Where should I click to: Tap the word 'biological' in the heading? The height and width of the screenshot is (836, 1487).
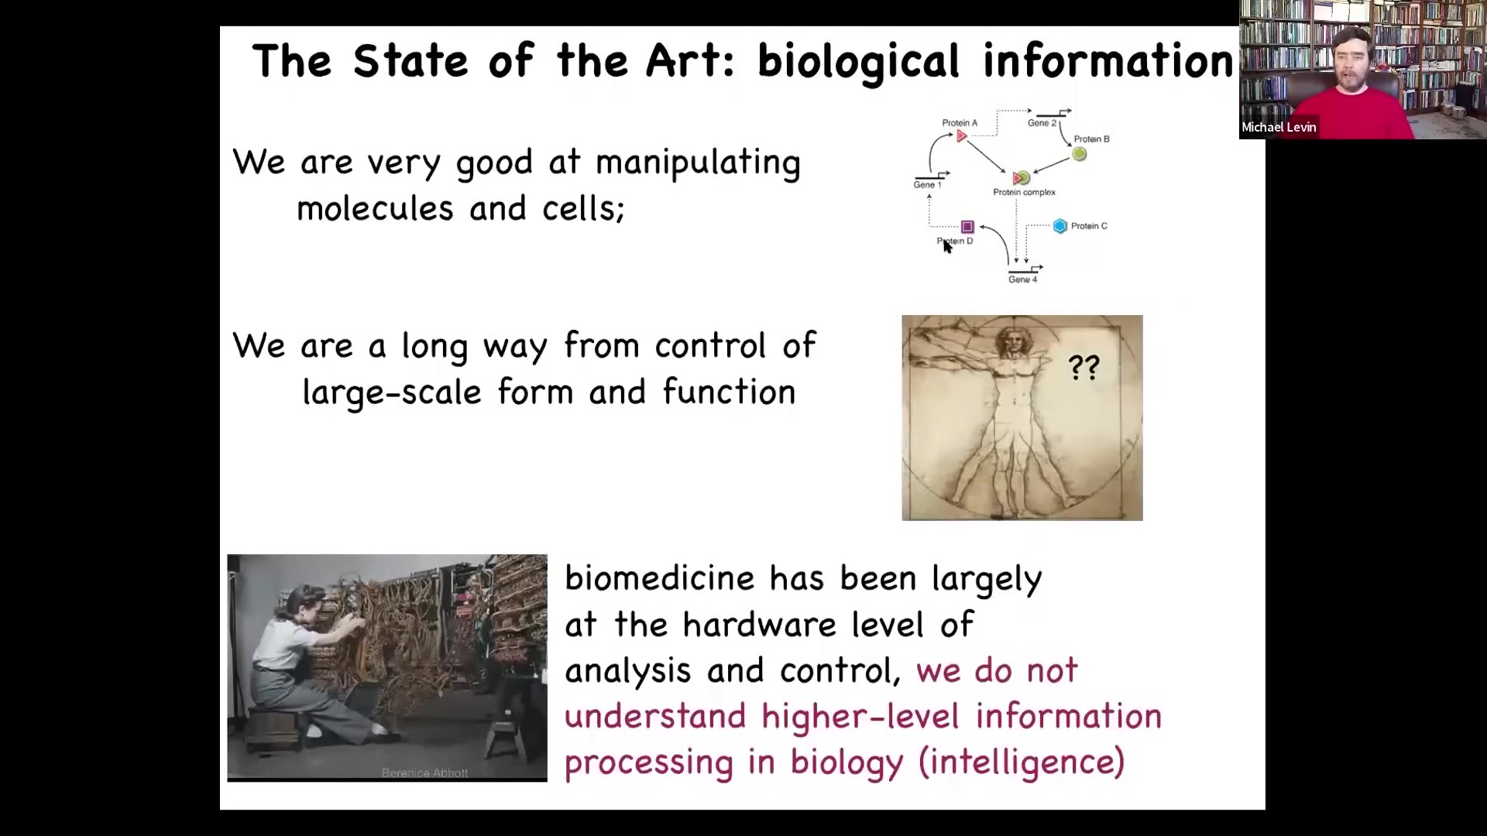(858, 62)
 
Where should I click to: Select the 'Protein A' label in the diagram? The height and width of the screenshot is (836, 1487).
(960, 122)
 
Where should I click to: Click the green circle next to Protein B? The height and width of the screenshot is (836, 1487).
(1079, 154)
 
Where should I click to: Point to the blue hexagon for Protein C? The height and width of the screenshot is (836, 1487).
(1060, 226)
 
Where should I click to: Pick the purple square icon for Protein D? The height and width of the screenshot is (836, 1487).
(967, 227)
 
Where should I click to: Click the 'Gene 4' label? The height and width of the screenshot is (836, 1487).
(1022, 279)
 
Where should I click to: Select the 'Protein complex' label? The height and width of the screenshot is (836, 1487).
(1024, 192)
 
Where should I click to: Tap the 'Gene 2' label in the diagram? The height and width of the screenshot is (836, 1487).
(1042, 122)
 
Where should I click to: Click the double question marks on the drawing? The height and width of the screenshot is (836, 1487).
(1083, 367)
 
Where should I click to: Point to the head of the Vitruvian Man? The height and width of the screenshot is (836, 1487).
(1009, 340)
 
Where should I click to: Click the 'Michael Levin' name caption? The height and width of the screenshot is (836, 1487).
(1279, 128)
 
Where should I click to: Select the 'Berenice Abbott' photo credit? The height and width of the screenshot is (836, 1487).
(424, 773)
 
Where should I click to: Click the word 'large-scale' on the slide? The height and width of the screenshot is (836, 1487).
(392, 393)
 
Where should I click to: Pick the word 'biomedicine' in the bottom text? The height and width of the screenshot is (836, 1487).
(659, 578)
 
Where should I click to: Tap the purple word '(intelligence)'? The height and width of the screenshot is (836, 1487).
(1022, 762)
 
